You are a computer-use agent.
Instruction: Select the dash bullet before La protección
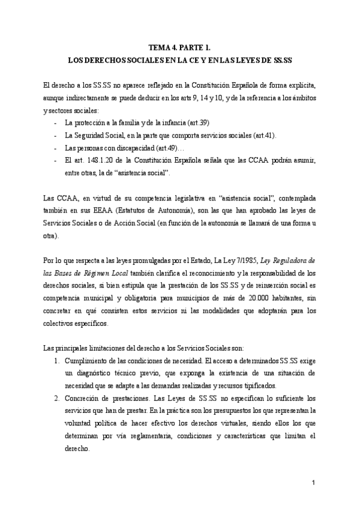point(56,123)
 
